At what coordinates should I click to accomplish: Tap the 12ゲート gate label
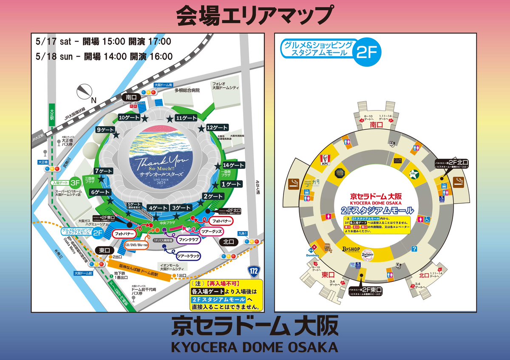point(217,128)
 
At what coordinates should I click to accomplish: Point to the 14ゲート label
point(233,165)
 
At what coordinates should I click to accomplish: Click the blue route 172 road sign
point(253,270)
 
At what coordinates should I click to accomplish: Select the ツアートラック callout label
point(185,256)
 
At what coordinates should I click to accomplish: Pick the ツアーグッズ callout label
point(212,231)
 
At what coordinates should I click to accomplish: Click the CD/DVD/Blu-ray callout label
point(136,245)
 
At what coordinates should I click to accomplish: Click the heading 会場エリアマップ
point(255,15)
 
